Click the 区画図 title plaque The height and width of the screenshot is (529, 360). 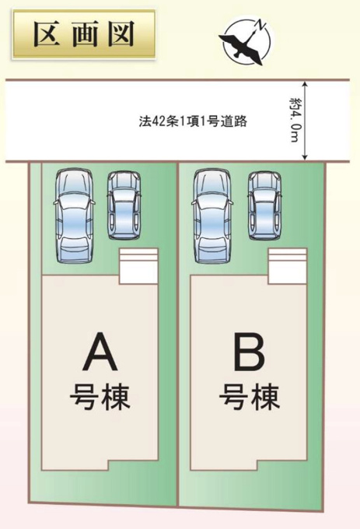pos(84,34)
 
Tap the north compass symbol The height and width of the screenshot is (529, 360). pos(247,41)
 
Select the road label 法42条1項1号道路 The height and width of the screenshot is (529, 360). pos(193,121)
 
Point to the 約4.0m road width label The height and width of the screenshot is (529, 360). pos(294,120)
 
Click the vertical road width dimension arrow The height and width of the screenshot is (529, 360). pos(305,120)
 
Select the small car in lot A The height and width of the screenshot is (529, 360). pos(124,205)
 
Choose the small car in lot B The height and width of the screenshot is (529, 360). pos(264,205)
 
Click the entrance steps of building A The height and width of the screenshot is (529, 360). pos(138,266)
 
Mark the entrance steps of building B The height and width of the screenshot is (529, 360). pos(287,266)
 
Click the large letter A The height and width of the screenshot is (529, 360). pos(100,352)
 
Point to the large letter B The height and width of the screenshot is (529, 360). pos(250,352)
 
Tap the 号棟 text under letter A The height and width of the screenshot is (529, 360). pos(100,397)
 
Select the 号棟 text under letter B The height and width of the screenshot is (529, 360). pos(250,397)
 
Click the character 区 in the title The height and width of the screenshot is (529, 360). pos(47,33)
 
